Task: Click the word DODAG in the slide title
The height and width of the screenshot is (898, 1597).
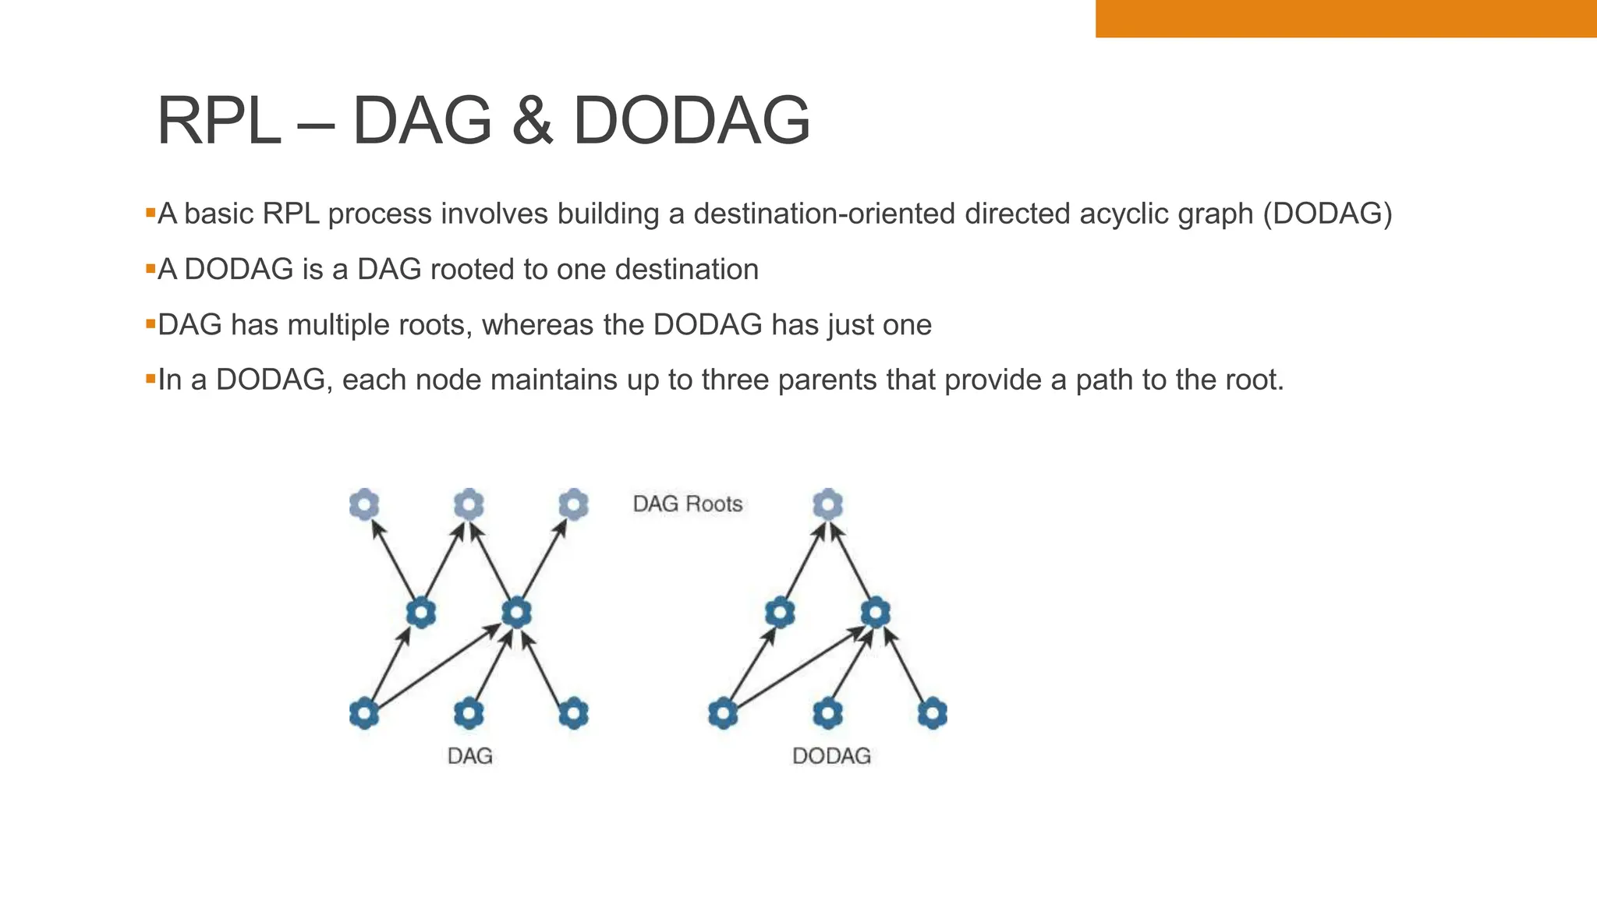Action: coord(692,121)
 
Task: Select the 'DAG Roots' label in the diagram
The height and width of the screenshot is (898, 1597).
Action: coord(687,504)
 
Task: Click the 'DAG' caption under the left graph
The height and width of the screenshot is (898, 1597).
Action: coord(469,756)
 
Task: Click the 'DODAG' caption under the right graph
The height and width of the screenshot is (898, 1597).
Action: coord(831,756)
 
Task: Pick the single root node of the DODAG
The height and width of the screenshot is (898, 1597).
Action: coord(827,504)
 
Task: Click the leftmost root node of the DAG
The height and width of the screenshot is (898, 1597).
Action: coord(364,504)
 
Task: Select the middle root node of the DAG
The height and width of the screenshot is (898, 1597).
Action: coord(469,504)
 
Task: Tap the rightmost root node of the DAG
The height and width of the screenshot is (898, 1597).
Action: coord(573,504)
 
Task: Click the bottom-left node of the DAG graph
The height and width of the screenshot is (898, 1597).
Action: coord(364,713)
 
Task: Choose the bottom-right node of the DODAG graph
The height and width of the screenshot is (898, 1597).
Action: coord(932,713)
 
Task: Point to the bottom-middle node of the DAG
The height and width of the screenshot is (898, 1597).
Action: coord(469,713)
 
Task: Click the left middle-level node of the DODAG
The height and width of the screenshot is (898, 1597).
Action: coord(780,613)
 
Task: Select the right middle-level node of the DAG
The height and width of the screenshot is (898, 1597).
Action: coord(516,613)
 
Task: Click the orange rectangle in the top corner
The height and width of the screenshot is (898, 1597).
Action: coord(1345,18)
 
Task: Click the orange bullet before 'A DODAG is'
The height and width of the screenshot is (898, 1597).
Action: coord(150,268)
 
